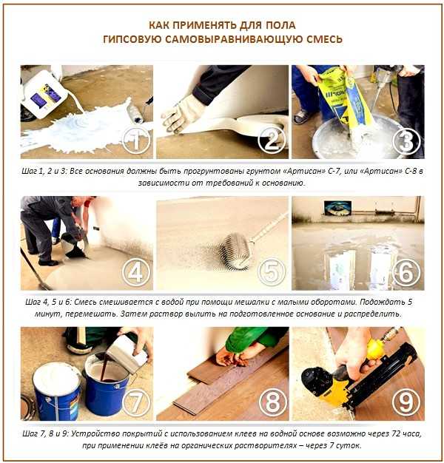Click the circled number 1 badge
(x=136, y=141)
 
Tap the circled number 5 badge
(x=271, y=272)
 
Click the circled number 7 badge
(x=136, y=403)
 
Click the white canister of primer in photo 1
(x=44, y=94)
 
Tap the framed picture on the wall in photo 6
(x=337, y=209)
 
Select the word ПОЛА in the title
(x=281, y=25)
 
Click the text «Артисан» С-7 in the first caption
(x=315, y=171)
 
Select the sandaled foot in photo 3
(x=301, y=117)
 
